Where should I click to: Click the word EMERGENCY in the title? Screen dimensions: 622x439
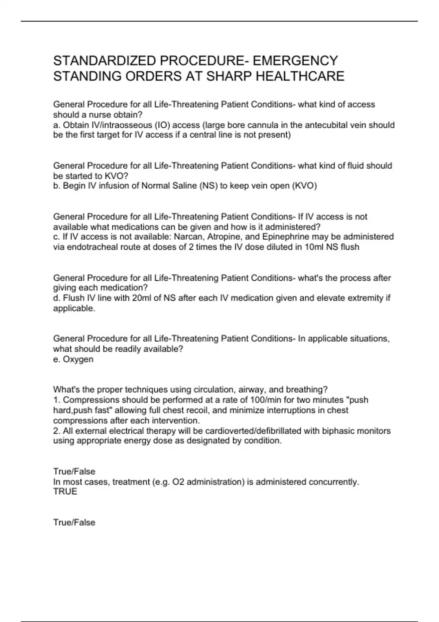pos(295,60)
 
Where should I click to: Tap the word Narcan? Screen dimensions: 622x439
pos(189,237)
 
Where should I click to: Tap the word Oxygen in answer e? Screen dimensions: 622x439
pos(78,359)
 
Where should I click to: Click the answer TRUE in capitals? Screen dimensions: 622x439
pos(65,492)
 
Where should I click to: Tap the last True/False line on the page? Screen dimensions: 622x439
pos(74,522)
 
